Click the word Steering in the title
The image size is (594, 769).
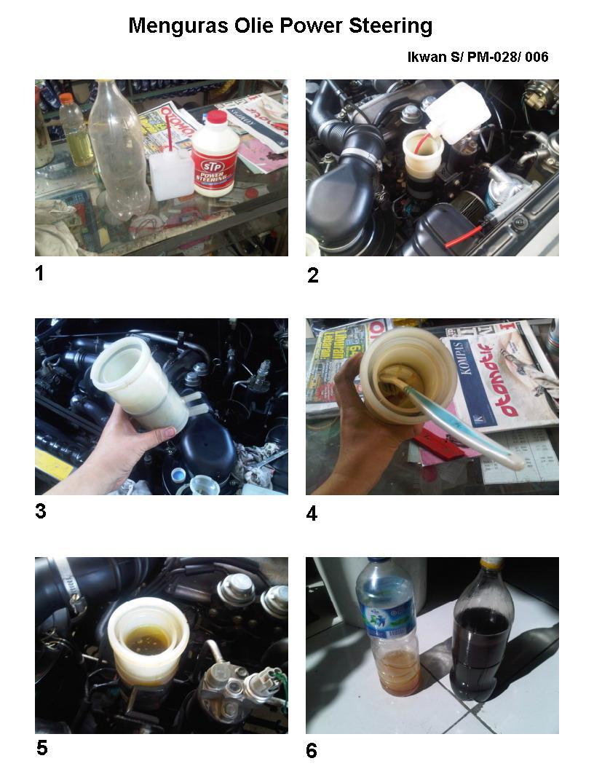389,26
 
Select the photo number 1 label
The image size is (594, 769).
40,274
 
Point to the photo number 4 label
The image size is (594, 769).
312,513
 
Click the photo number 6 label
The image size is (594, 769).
312,751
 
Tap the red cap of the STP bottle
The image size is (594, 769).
216,117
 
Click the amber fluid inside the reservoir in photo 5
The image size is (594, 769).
146,639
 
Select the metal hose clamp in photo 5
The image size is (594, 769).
71,582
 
